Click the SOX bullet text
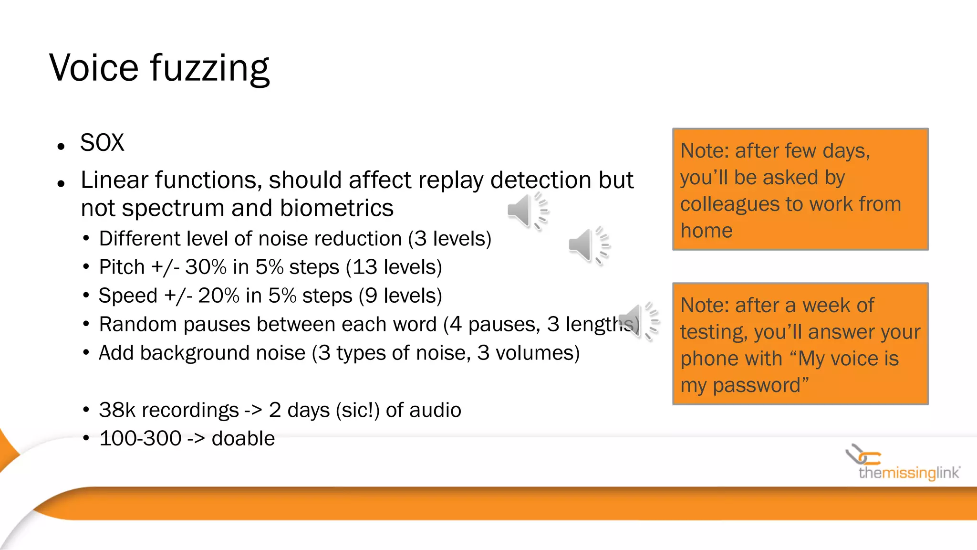click(102, 143)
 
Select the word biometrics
click(337, 208)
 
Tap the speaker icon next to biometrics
click(527, 211)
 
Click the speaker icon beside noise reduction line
click(589, 245)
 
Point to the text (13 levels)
click(394, 267)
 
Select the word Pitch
click(122, 267)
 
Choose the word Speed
click(128, 296)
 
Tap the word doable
click(243, 439)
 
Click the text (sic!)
click(358, 410)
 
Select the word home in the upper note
click(707, 231)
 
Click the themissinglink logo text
click(909, 473)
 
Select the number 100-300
click(140, 439)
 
